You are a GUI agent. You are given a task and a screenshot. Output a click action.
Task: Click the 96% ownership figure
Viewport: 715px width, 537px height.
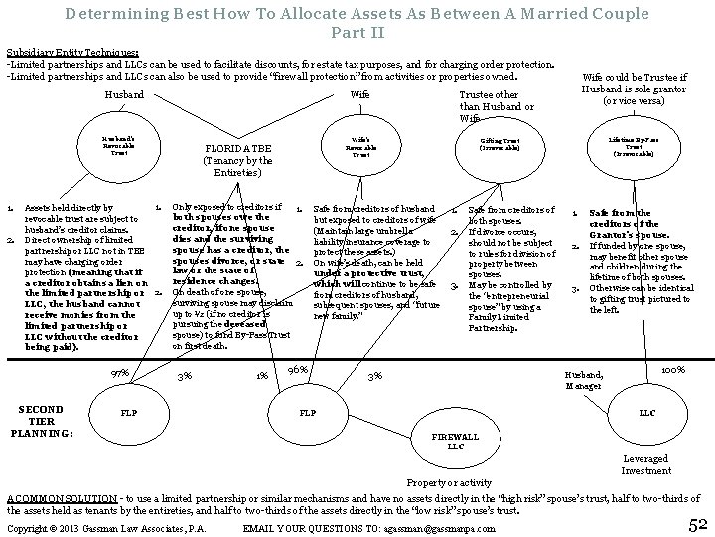tap(297, 370)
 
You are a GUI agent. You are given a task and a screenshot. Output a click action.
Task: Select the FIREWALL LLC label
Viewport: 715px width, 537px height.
tap(457, 442)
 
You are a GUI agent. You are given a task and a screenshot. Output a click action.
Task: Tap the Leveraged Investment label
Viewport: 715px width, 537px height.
tap(645, 464)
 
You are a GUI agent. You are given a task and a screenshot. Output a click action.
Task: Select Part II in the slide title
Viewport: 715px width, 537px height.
tap(357, 32)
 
